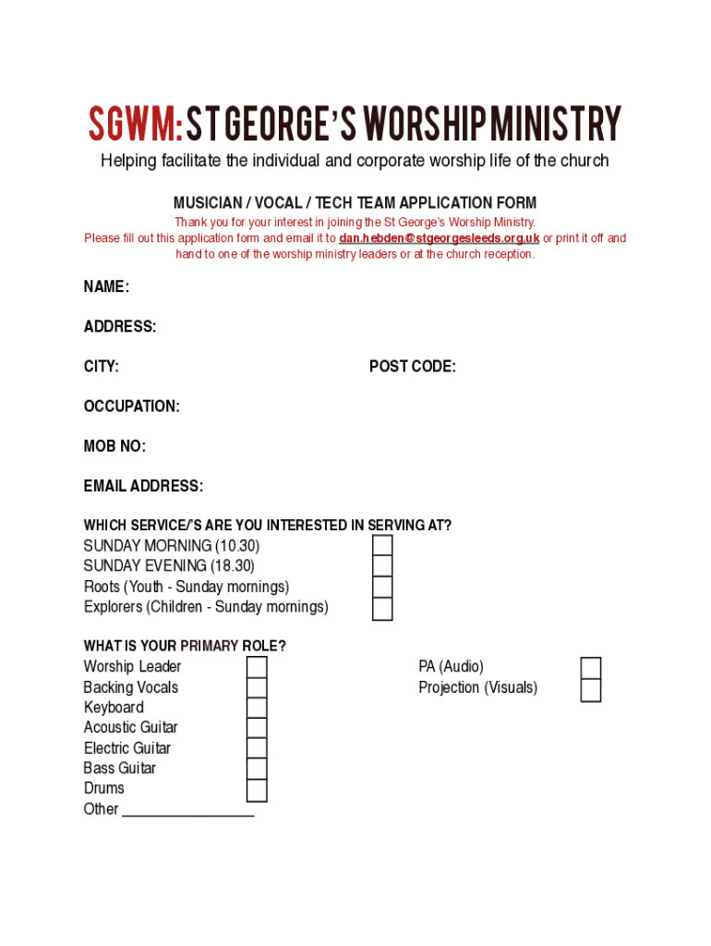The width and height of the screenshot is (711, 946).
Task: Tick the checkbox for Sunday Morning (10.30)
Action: coord(382,546)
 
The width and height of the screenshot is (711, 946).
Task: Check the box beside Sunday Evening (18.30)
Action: coord(382,566)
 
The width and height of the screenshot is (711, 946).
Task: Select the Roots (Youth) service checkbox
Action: coord(382,588)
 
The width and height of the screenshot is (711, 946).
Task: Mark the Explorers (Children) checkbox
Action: coord(382,609)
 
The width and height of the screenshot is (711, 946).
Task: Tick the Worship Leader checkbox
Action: coord(257,667)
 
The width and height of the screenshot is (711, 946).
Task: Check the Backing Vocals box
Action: coord(257,688)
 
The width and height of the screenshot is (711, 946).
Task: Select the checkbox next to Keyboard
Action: coord(257,709)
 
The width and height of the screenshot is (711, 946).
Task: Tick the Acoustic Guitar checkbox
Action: coord(257,729)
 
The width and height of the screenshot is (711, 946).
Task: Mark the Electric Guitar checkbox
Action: coord(257,749)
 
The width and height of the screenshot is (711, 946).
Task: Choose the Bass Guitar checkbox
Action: coord(257,770)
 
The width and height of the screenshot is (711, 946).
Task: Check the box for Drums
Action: coord(257,791)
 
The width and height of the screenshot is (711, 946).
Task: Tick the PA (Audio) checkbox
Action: coord(591,668)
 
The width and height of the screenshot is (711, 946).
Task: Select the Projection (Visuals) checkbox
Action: coord(591,690)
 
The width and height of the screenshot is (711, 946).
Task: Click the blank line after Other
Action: coord(188,811)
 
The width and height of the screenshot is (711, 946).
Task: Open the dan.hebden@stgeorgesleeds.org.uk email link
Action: coord(439,238)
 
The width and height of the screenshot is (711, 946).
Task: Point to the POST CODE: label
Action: coord(412,367)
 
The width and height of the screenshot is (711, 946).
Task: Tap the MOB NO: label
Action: coord(114,446)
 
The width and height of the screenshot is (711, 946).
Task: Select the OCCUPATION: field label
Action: coord(131,406)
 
